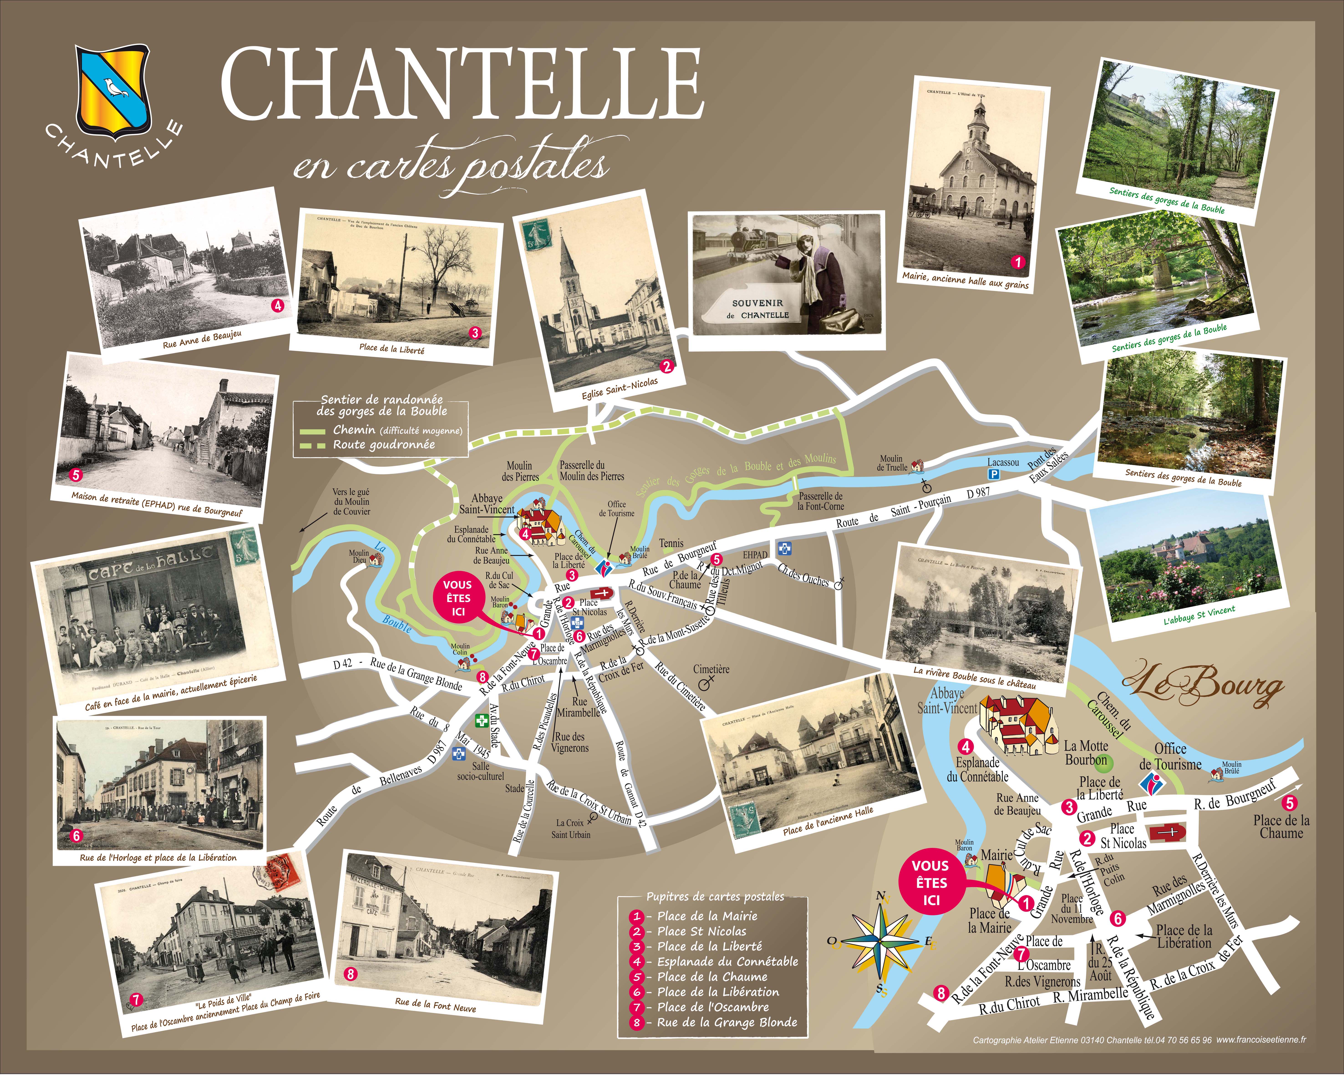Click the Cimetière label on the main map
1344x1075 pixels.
click(x=711, y=669)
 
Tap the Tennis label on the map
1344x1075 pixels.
click(x=671, y=543)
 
